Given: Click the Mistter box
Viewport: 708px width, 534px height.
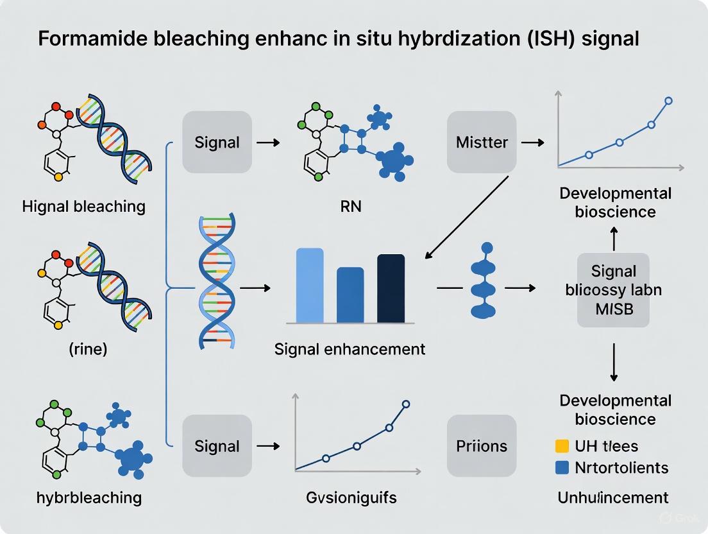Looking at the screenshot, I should (482, 142).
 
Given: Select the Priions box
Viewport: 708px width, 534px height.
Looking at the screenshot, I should (482, 446).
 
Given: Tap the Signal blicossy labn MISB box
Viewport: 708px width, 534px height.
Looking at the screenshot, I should (613, 289).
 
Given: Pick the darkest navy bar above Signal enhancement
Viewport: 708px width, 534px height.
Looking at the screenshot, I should (391, 288).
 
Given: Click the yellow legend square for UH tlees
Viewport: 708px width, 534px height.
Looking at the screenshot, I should (561, 446).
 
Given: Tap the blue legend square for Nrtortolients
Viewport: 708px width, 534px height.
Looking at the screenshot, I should (561, 468).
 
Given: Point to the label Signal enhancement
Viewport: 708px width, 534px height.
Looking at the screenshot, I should (350, 349).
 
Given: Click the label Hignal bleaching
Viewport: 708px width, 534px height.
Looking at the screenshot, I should (83, 206).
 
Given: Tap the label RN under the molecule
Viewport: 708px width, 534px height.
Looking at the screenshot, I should (350, 207).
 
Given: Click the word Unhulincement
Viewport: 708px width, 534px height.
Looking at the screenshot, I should (614, 497).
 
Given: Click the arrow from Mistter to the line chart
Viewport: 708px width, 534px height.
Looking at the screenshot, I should (533, 142).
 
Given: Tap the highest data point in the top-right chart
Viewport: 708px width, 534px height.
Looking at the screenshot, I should (669, 100).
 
